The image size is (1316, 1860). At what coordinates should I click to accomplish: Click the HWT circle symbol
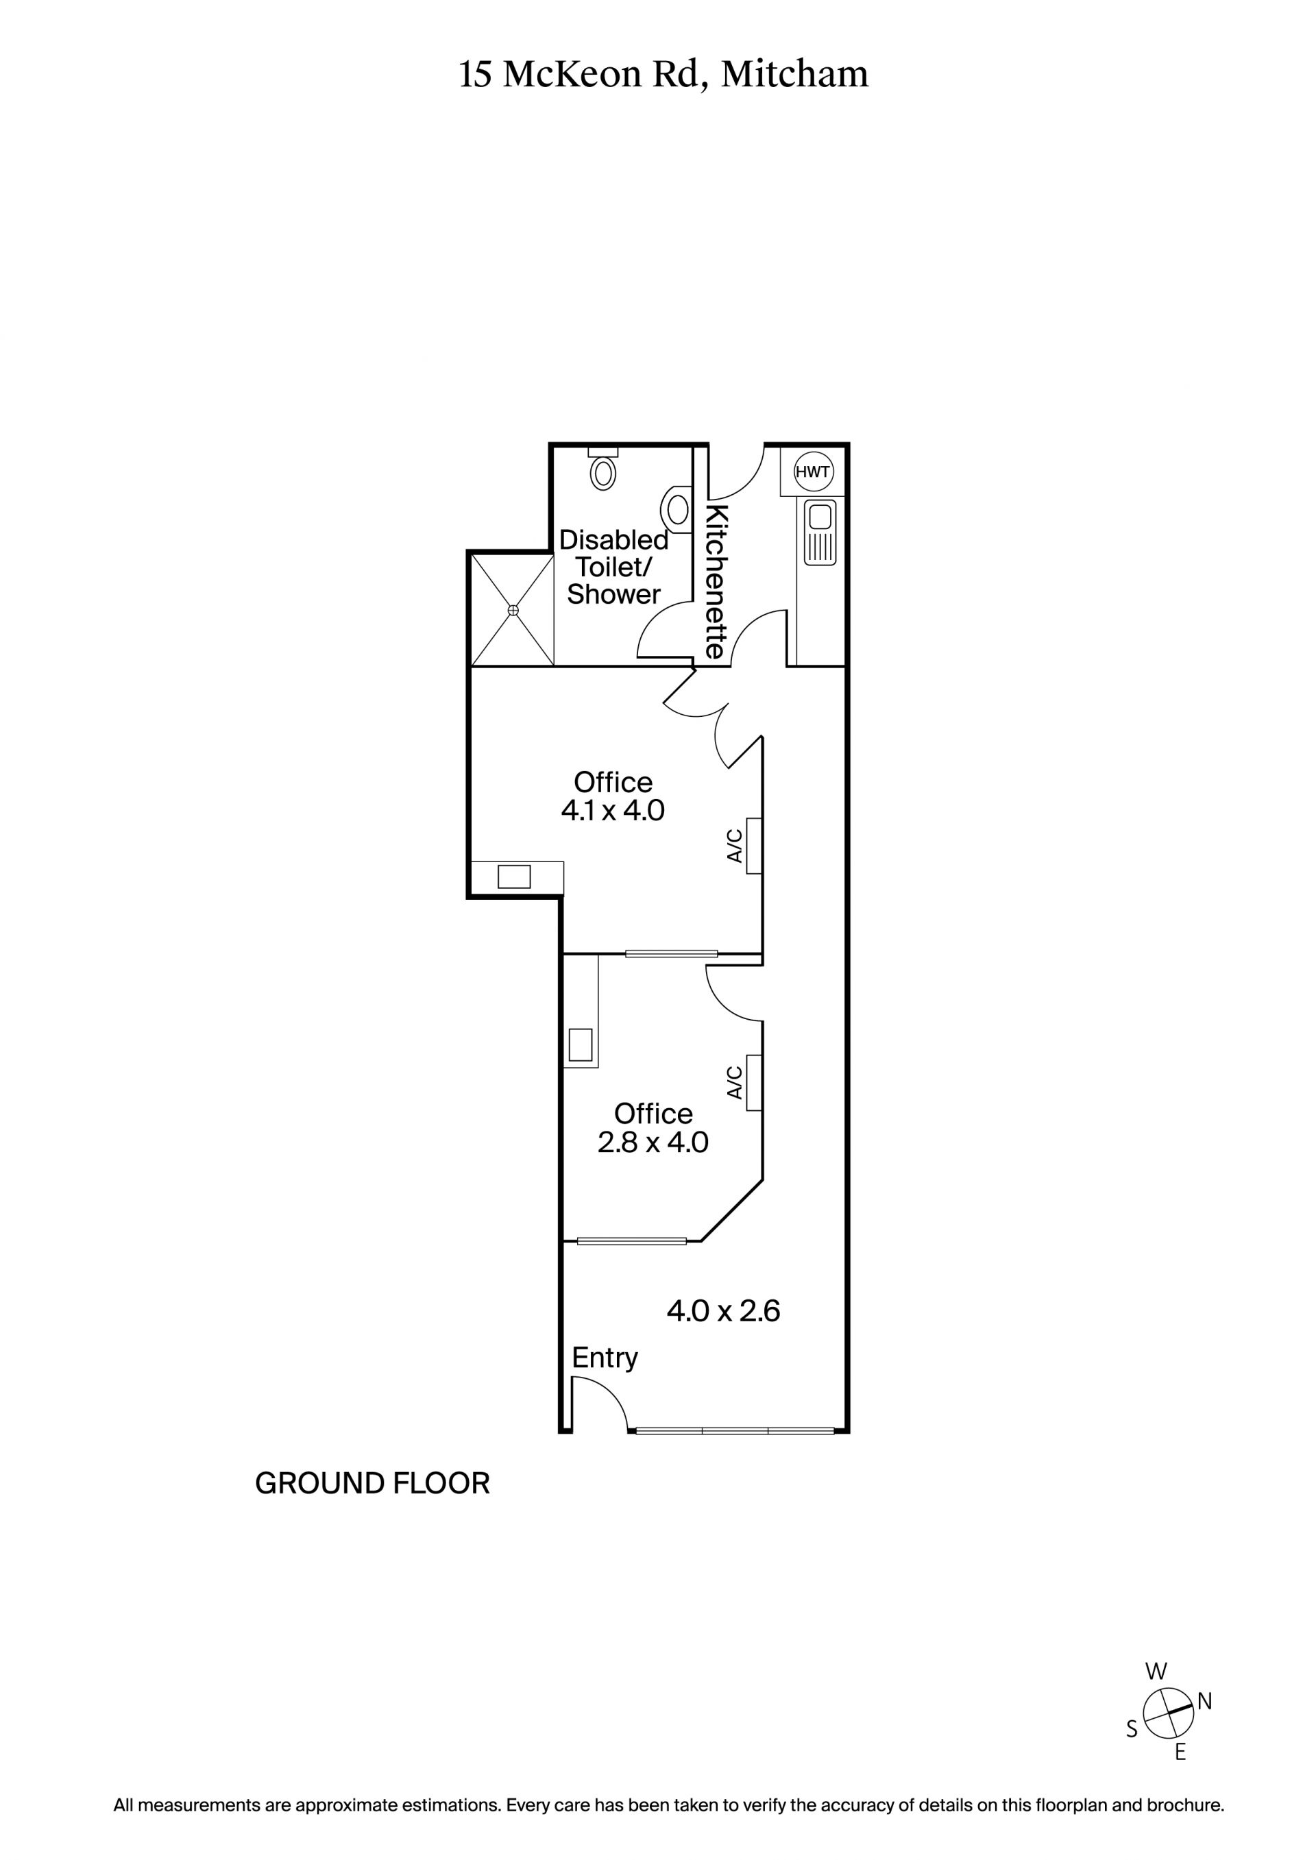812,472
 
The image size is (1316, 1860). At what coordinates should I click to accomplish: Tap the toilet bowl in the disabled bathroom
603,473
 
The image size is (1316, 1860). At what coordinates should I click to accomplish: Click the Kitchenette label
716,582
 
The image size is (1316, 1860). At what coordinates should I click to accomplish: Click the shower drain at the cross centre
513,609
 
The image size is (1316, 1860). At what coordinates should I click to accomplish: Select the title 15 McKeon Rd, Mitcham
663,75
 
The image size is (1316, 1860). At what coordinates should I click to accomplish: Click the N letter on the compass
1204,1702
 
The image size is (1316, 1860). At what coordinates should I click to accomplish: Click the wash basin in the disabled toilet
677,510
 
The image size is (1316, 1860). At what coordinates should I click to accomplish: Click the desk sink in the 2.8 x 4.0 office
581,1044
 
